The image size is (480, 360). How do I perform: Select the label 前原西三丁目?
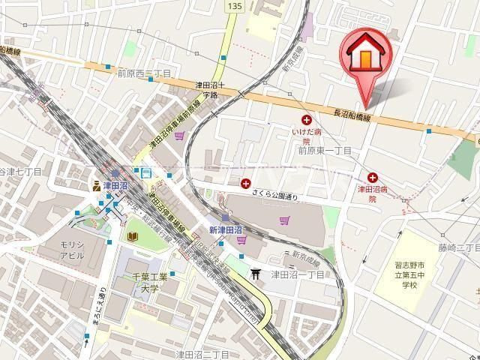tap(144, 73)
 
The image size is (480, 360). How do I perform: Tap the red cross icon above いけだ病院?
tap(306, 120)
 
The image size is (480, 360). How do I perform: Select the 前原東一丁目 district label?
tap(325, 149)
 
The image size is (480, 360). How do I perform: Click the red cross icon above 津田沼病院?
tap(372, 177)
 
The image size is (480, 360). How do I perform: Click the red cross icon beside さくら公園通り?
tap(246, 183)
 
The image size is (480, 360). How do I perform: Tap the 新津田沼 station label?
tap(225, 229)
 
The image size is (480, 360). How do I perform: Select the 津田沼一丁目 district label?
tap(298, 275)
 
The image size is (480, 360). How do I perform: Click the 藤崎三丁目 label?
tap(458, 247)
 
